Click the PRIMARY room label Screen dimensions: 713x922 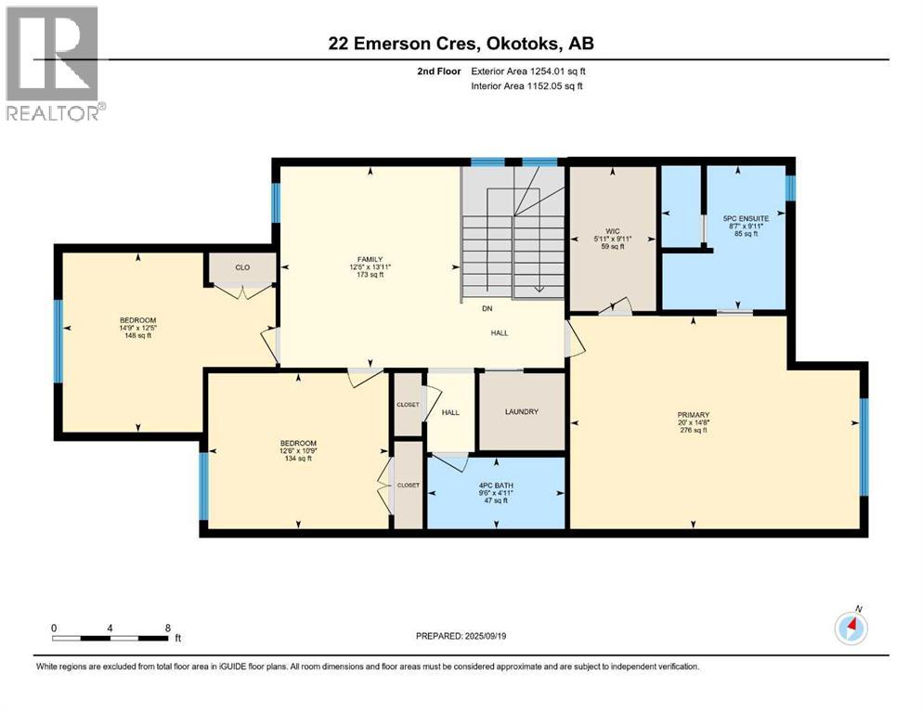click(694, 414)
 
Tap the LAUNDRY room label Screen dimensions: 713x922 click(521, 412)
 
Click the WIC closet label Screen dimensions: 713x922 click(613, 231)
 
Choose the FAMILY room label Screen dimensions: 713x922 click(370, 260)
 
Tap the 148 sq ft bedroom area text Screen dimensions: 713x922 click(137, 336)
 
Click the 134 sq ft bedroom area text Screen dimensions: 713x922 click(298, 458)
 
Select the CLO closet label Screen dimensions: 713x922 click(242, 267)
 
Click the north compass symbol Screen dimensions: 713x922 click(851, 629)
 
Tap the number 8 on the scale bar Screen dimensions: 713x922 click(167, 628)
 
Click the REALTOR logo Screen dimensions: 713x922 click(52, 63)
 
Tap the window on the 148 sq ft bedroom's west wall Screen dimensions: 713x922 click(58, 341)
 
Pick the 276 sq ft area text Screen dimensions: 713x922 click(694, 431)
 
